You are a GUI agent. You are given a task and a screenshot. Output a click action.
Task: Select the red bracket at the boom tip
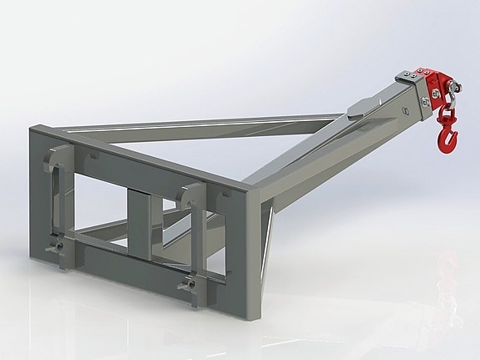point(436,87)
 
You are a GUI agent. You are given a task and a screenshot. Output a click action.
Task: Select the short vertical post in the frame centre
point(138,213)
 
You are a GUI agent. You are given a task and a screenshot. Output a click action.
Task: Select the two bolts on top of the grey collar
point(408,74)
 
